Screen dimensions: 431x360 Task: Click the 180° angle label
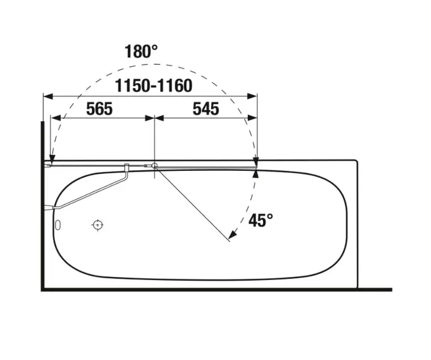click(x=141, y=51)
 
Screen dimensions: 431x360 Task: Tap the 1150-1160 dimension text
click(x=154, y=86)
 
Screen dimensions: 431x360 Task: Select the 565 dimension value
click(x=99, y=109)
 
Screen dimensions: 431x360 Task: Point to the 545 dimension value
click(x=206, y=109)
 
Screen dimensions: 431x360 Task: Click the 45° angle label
click(x=260, y=220)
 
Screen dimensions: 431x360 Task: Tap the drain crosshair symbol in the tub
click(x=98, y=225)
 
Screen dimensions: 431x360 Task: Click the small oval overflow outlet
click(x=58, y=225)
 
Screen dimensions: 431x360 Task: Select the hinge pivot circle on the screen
click(x=155, y=165)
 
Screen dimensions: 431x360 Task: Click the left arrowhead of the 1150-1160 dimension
click(x=48, y=97)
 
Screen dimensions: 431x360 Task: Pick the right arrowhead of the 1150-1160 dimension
click(x=252, y=97)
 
